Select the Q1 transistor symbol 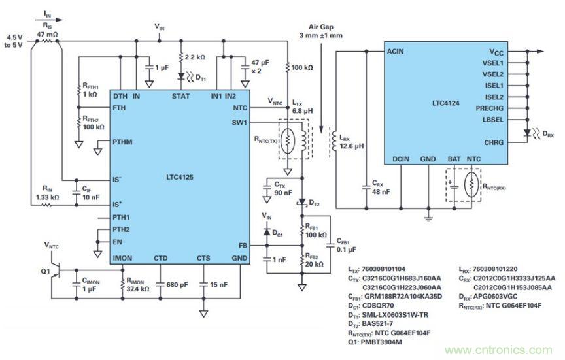(55, 268)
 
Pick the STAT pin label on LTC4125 (181, 96)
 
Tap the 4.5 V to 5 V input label (14, 41)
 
